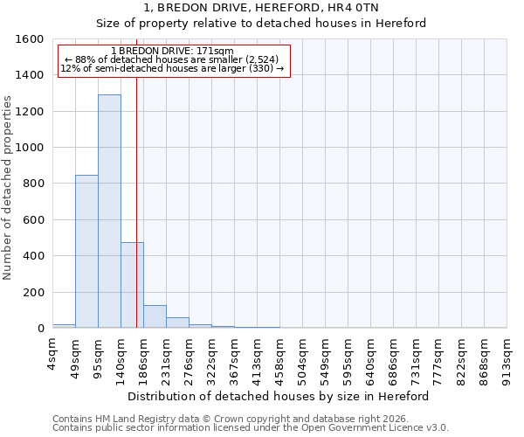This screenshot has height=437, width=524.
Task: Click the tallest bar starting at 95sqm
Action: coord(109,211)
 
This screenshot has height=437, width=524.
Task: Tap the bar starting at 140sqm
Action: coord(132,285)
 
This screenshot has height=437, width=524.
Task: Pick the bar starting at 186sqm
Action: coord(155,316)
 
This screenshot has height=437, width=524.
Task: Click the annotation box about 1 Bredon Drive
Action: coord(173,61)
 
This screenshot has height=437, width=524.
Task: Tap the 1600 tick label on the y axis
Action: coord(30,39)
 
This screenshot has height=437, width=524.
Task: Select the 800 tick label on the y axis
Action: coord(33,184)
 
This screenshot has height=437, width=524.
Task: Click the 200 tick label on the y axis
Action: coord(33,292)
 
